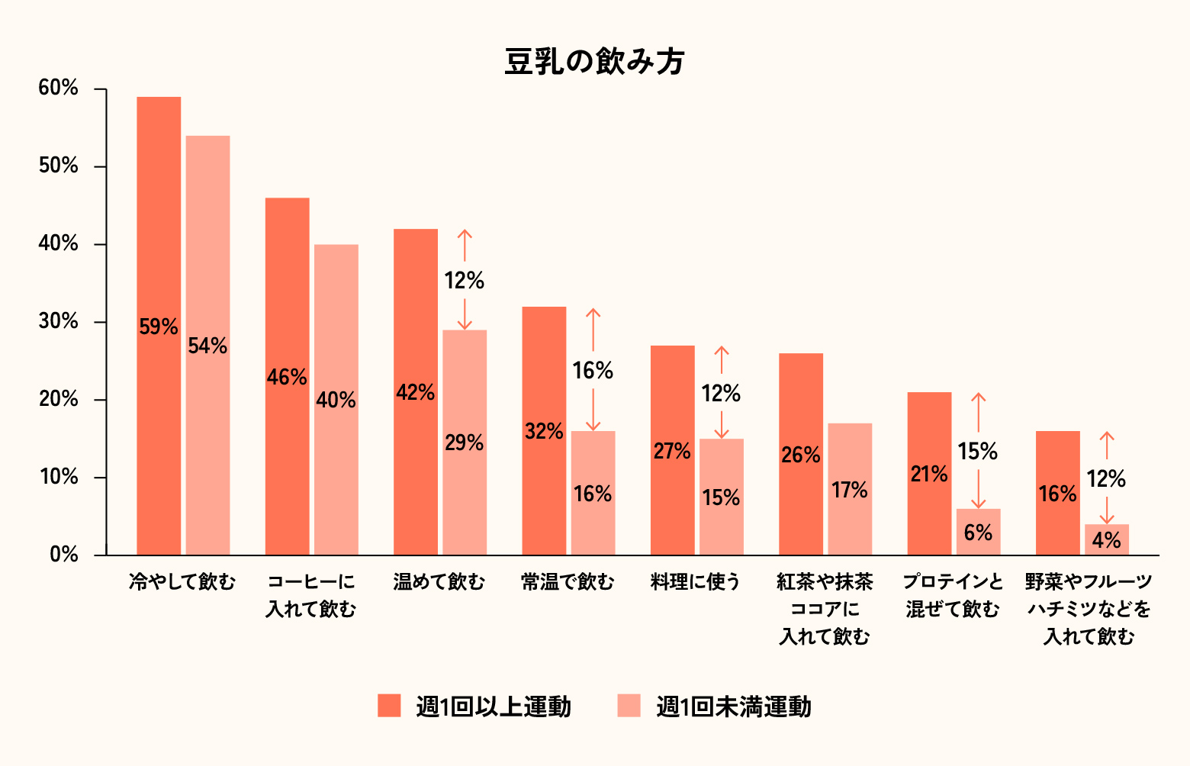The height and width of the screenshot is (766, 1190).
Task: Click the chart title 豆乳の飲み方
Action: pos(594,62)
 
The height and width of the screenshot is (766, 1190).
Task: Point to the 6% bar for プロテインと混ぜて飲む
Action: pos(978,532)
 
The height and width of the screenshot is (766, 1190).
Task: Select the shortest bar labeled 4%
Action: pos(1106,539)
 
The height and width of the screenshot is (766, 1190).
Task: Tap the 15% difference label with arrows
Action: pos(978,452)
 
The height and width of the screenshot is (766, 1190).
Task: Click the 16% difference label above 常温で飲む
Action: pos(593,371)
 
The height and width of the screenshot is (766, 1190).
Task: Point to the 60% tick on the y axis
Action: pos(59,89)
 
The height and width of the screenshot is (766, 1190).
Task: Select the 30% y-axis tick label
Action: pos(59,322)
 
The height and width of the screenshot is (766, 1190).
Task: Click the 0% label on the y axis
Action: pos(64,555)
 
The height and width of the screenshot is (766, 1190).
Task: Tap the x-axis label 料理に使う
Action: pos(696,582)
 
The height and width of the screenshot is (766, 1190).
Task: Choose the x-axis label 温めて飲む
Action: pos(439,582)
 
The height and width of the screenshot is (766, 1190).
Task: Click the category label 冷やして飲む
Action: pos(182,582)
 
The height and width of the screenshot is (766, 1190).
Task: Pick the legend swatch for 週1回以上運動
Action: pos(389,706)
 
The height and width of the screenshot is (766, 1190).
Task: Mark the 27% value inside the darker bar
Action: pos(672,452)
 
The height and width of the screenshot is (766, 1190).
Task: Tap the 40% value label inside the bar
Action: pos(336,400)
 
